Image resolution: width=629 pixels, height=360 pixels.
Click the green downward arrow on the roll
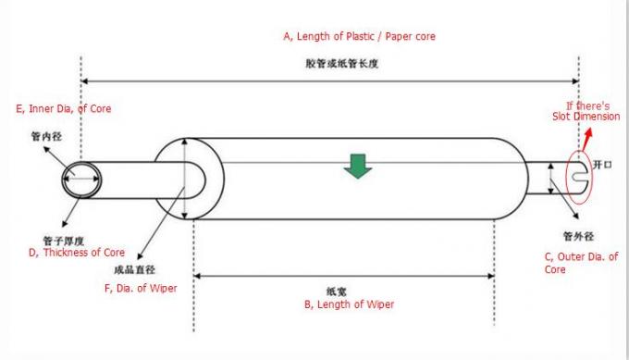point(358,166)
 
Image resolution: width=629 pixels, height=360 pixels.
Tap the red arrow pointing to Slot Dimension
point(586,140)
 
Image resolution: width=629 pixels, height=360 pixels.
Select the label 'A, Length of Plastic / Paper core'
point(359,36)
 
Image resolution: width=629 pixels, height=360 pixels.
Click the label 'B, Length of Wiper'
point(349,304)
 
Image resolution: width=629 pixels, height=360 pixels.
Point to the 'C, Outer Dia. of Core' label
point(581,263)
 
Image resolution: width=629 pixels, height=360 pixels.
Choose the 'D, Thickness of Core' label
point(77,253)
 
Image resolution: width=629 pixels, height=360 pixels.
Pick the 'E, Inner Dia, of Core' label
point(64,109)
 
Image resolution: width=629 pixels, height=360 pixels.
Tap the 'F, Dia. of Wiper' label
point(141,289)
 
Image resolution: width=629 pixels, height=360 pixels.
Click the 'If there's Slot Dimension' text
point(586,111)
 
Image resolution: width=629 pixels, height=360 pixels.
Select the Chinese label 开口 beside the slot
point(602,165)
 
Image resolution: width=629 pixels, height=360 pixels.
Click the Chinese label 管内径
point(46,136)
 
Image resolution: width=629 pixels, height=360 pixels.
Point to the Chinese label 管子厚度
point(64,241)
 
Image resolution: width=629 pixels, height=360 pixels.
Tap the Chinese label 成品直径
point(134,269)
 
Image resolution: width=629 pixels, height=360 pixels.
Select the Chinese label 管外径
point(578,236)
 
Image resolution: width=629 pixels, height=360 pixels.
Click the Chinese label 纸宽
point(336,292)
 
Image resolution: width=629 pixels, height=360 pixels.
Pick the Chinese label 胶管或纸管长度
point(341,64)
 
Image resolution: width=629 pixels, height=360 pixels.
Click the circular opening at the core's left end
point(81,180)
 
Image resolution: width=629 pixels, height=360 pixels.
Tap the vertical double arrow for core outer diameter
point(550,179)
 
